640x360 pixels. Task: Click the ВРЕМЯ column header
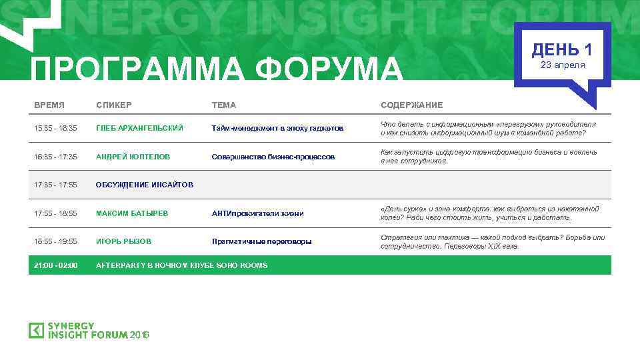click(49, 105)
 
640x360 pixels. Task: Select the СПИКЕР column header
click(114, 105)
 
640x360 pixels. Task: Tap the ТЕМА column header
click(224, 105)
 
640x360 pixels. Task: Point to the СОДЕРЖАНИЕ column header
click(411, 105)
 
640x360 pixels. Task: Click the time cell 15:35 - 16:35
click(56, 128)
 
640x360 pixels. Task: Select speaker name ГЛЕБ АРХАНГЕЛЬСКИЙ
click(139, 128)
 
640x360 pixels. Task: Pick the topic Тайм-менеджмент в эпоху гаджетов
click(277, 128)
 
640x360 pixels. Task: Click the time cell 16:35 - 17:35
click(56, 157)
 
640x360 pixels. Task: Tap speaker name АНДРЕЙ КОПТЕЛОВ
click(133, 157)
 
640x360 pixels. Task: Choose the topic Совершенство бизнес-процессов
click(273, 157)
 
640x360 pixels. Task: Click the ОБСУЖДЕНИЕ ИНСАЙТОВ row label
click(145, 185)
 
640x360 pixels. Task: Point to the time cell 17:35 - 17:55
click(56, 185)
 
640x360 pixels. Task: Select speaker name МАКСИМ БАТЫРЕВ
click(132, 213)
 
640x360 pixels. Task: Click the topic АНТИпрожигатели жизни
click(257, 213)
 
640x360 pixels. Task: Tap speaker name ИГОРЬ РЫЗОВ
click(124, 241)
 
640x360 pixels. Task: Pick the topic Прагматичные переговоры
click(261, 241)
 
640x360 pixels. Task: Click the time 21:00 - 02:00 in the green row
click(56, 265)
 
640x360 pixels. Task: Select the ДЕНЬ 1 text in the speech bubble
click(562, 49)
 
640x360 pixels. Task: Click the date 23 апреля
click(562, 65)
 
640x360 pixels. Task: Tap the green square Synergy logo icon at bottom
click(36, 330)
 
